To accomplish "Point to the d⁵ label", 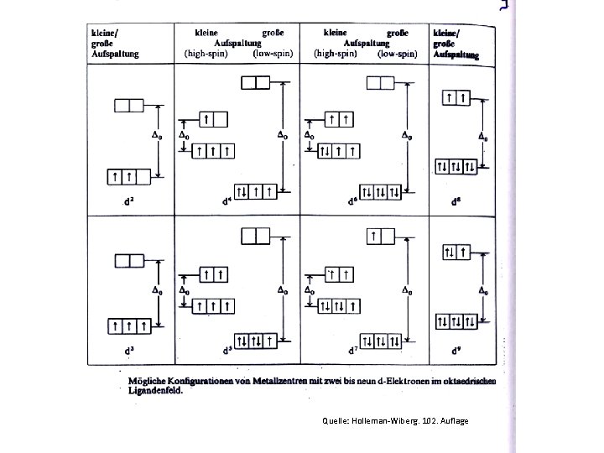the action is pyautogui.click(x=227, y=350).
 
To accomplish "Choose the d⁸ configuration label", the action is pyautogui.click(x=456, y=201).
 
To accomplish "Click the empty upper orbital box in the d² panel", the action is pyautogui.click(x=129, y=106).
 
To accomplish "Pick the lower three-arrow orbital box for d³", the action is pyautogui.click(x=129, y=325).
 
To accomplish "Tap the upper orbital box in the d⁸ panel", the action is pyautogui.click(x=458, y=98).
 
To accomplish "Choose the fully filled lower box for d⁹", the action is pyautogui.click(x=458, y=321).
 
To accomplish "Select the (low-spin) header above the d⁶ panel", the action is pyautogui.click(x=398, y=52).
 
